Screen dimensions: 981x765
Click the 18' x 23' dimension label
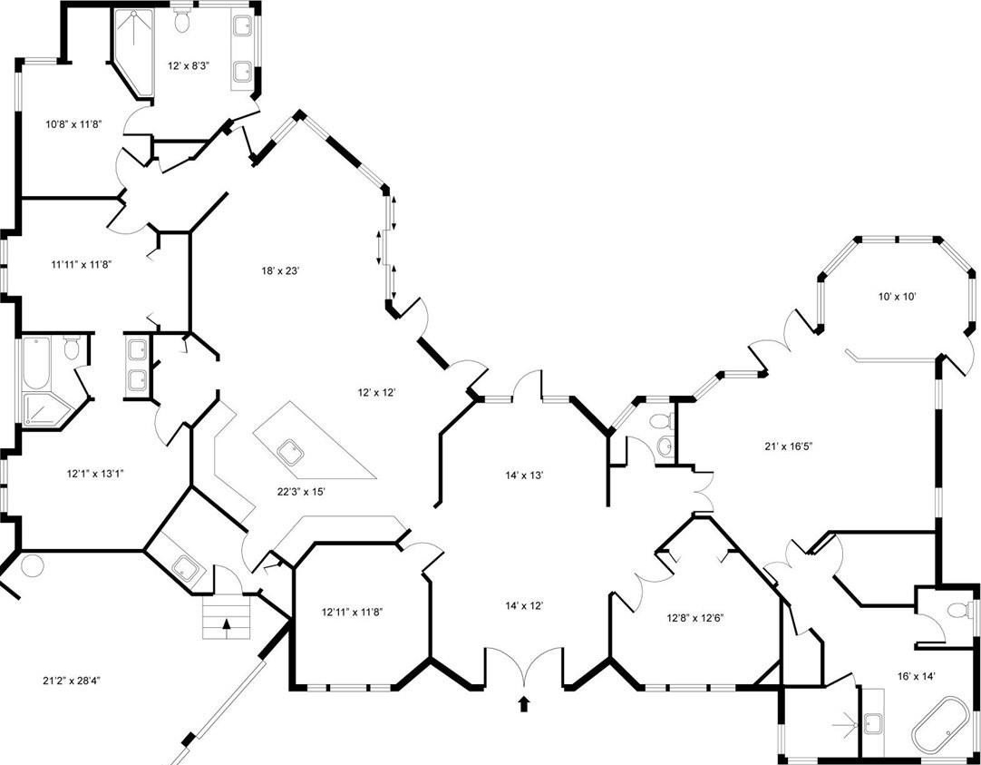(281, 271)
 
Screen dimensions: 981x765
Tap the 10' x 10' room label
(898, 296)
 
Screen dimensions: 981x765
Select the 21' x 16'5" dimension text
(788, 446)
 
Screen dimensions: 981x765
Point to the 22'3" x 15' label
(302, 492)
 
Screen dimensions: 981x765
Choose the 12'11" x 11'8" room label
(352, 612)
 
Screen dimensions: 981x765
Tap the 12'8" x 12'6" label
(695, 618)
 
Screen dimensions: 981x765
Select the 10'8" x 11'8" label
(73, 124)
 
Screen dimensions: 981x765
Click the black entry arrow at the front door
(524, 703)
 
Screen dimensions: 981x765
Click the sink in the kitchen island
(290, 453)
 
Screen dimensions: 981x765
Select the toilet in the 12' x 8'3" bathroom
(182, 20)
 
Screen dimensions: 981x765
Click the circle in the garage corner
(32, 565)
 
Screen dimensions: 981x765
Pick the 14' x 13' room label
(524, 476)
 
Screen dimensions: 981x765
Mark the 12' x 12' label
(377, 393)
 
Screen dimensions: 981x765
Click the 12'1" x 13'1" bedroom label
(95, 474)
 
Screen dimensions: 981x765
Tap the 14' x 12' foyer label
(524, 605)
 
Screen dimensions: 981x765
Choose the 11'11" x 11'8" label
(81, 265)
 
